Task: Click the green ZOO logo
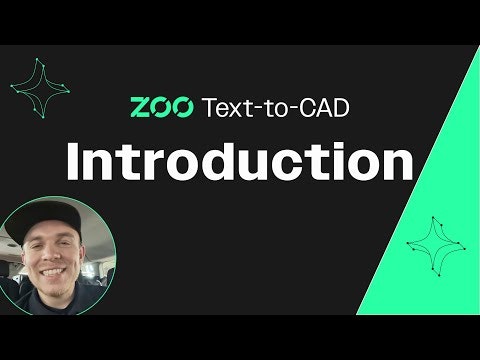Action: coord(162,106)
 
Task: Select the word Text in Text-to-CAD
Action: coord(225,106)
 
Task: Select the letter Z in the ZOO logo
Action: coord(142,106)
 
